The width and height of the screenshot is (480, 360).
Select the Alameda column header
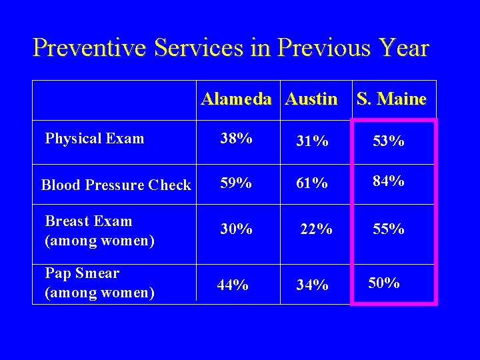coord(236,99)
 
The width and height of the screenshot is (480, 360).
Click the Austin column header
coord(311,99)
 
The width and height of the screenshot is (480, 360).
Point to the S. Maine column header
coord(391,99)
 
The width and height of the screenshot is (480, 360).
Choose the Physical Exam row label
coord(94,139)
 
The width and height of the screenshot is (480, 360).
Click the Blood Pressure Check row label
coord(116,185)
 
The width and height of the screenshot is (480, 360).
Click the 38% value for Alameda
coord(237,139)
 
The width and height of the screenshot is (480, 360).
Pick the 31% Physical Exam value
coord(312,141)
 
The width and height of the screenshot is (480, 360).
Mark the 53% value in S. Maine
coord(388,141)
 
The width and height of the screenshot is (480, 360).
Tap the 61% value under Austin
coord(312,182)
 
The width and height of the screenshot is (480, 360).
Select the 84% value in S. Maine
coord(388,181)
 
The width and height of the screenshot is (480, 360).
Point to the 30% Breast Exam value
coord(237,229)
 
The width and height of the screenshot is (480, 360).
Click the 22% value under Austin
coord(316,229)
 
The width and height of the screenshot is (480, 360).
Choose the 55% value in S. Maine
coord(388,229)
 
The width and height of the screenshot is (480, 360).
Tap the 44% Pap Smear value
coord(233,285)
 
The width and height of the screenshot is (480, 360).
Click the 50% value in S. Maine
coord(383,283)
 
